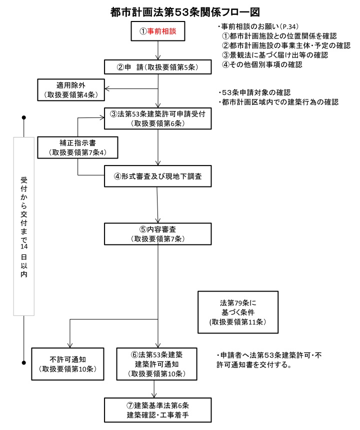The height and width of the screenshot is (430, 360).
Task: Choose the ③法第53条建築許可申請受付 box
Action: tap(158, 118)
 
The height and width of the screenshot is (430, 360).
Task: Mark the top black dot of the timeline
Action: tap(23, 118)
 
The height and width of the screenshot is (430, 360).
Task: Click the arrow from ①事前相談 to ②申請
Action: tap(158, 50)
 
